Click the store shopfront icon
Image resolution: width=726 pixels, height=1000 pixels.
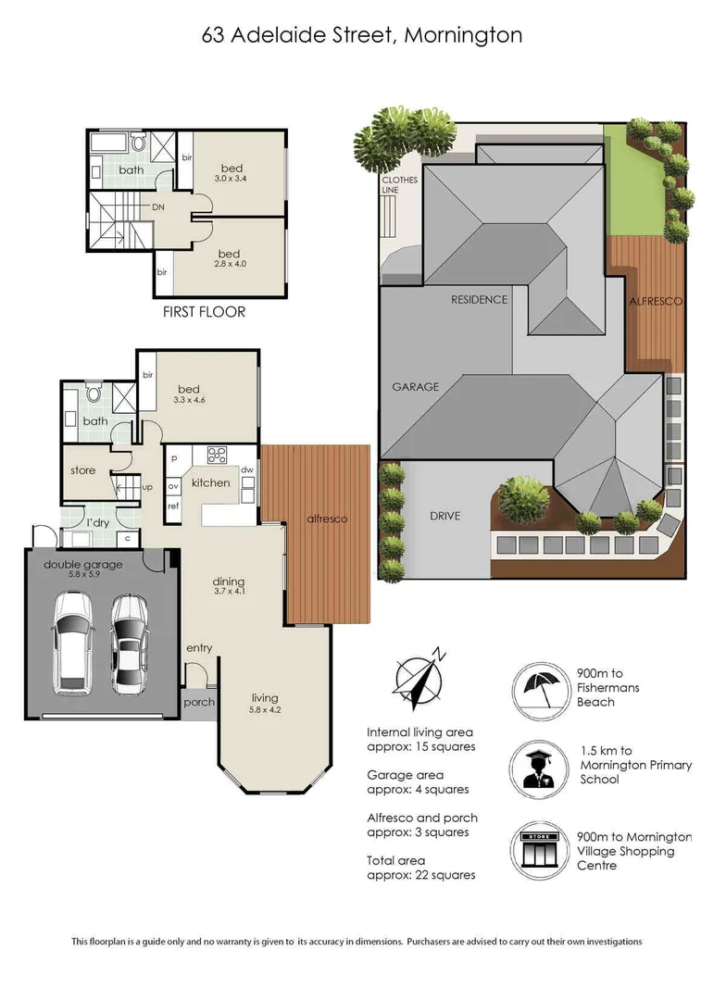(539, 848)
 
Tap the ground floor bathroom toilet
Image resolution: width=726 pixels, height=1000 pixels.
(93, 393)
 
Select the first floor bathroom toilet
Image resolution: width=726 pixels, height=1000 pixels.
(139, 142)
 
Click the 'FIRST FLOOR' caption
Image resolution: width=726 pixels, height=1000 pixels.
(205, 312)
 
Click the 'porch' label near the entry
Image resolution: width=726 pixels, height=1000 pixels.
(199, 702)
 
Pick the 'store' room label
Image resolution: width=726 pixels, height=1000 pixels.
(83, 470)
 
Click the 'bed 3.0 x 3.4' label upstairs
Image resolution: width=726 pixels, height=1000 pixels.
(229, 171)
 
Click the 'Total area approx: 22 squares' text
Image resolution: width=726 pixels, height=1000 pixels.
(421, 868)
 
